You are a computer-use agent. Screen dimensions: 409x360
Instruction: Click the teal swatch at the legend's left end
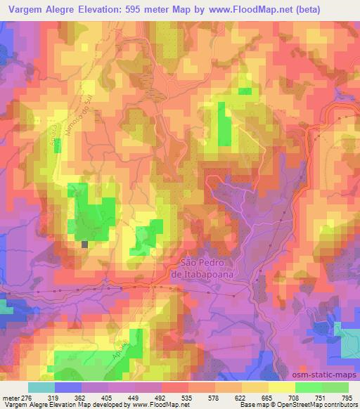(41, 387)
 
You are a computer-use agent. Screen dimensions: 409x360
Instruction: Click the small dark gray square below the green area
(85, 245)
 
